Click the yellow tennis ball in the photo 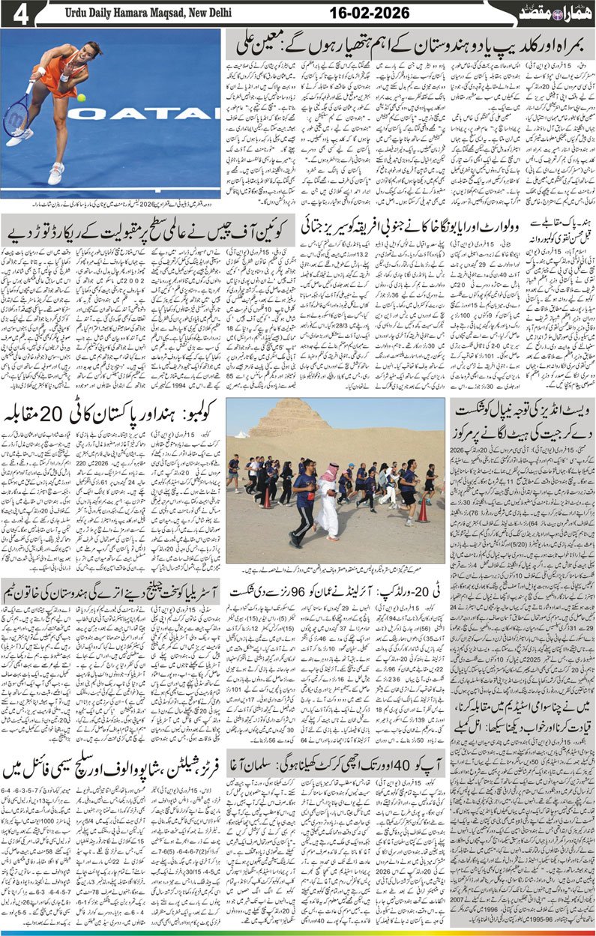[x=81, y=97]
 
